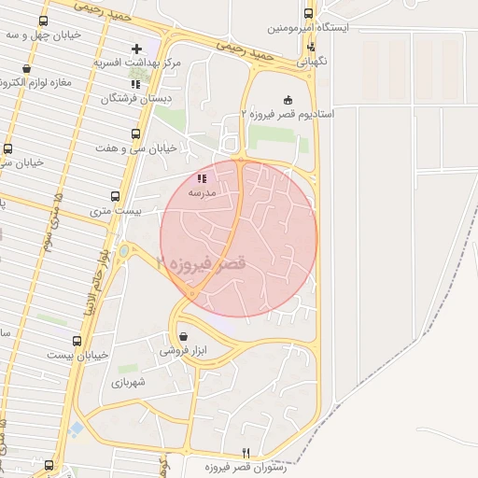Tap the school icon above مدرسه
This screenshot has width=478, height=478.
203,178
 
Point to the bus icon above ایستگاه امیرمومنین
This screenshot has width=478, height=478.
308,14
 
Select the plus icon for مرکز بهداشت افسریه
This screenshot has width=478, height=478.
137,48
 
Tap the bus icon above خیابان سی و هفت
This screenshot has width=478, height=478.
136,134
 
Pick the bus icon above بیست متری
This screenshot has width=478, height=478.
116,197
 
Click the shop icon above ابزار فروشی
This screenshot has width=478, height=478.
182,336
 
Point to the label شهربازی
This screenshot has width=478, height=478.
130,383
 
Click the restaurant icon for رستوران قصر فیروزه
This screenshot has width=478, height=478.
246,452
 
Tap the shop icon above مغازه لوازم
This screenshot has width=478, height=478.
25,68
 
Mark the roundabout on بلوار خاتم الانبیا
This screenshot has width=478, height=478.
124,250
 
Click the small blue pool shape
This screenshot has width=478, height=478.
76,429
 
